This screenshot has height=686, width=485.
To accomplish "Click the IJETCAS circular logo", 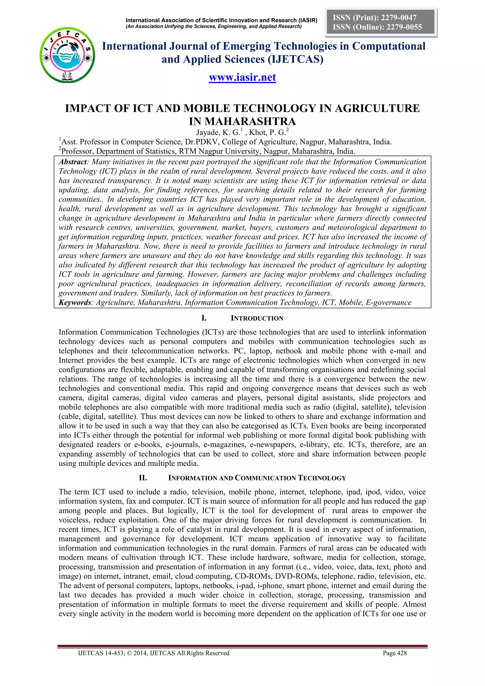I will tap(67, 55).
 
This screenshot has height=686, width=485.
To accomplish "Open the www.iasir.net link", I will tap(242, 77).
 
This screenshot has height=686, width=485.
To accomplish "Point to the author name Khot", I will tap(257, 132).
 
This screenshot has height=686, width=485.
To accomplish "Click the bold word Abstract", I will tap(72, 162).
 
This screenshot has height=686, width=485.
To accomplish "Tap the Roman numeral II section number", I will tap(143, 478).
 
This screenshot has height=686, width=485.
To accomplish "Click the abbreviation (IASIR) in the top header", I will tap(308, 20).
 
